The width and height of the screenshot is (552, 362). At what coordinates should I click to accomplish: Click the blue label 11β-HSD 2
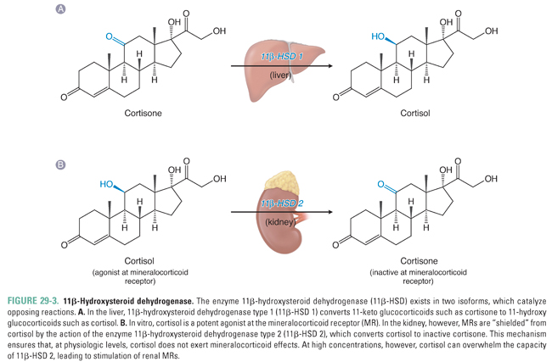click(279, 205)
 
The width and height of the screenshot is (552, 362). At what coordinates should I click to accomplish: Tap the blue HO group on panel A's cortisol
click(380, 37)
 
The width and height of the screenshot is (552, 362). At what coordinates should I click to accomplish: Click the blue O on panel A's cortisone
click(110, 37)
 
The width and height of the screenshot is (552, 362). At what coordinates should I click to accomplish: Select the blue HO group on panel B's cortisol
click(106, 184)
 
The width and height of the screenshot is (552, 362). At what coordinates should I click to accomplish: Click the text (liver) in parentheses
click(279, 75)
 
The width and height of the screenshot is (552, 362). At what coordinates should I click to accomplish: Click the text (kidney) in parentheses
click(279, 222)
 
